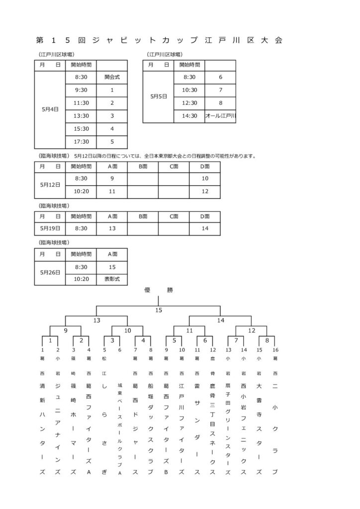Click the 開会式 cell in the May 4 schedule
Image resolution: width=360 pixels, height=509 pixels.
pos(112,77)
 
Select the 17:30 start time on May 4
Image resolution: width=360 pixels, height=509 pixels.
pos(81,141)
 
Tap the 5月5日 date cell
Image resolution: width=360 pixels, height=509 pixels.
pos(158,96)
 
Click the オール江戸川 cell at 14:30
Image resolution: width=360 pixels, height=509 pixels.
pos(220,116)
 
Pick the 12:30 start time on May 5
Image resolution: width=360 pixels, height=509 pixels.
pos(189,103)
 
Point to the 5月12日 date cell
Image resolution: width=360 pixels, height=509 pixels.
pos(50,184)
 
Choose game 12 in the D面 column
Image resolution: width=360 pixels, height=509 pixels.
pos(205,190)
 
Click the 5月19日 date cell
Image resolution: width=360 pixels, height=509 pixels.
pos(50,228)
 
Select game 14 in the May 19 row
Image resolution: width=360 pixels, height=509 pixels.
pos(205,228)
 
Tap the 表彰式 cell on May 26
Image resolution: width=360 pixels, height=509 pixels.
pos(112,279)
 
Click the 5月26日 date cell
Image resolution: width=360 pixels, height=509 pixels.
pos(50,272)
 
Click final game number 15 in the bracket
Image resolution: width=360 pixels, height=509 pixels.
pos(159,311)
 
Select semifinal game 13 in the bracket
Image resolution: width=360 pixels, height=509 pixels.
pos(96,321)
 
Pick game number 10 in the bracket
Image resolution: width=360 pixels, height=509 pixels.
pos(127,330)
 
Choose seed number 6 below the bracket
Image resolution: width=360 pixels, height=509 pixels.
pos(120,350)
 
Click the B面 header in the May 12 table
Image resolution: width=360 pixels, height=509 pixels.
pos(143,167)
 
